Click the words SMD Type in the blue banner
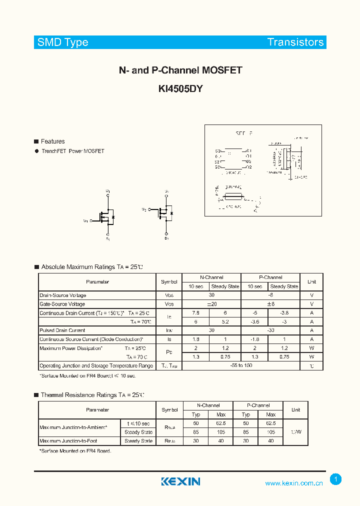(63, 42)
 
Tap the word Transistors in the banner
(295, 42)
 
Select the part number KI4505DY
(180, 89)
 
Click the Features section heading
(52, 141)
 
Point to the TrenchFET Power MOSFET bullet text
(73, 151)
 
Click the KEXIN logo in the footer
(180, 481)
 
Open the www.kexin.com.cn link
(294, 483)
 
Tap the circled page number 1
(336, 479)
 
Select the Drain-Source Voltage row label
(63, 295)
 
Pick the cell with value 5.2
(225, 321)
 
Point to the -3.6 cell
(254, 321)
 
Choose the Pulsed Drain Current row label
(62, 330)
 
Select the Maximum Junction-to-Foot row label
(68, 441)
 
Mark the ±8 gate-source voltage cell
(270, 304)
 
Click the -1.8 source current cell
(254, 339)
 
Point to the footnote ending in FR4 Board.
(75, 451)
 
